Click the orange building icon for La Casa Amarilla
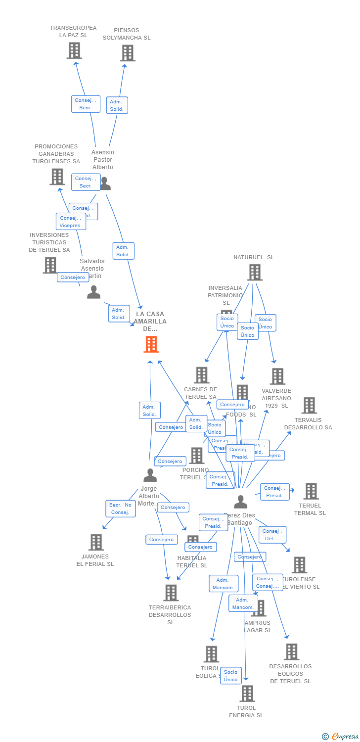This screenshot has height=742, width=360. (x=151, y=344)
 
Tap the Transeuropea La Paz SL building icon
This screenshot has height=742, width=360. (x=74, y=50)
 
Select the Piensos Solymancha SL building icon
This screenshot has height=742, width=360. (x=128, y=53)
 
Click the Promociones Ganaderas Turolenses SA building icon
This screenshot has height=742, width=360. (x=57, y=177)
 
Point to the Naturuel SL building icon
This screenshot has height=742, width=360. (x=255, y=272)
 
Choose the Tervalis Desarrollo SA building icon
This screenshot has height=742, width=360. (x=309, y=405)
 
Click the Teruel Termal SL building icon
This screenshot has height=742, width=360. (x=311, y=491)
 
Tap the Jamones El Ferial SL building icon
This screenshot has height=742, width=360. (x=96, y=542)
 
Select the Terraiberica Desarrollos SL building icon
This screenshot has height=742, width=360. (x=171, y=593)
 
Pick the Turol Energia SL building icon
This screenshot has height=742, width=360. (x=247, y=694)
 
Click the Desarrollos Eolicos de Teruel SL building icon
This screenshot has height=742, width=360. (x=292, y=652)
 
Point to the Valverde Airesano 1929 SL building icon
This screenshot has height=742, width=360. (x=277, y=376)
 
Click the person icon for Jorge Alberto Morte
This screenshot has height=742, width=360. (x=150, y=475)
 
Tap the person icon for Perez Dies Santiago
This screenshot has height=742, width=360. (x=241, y=502)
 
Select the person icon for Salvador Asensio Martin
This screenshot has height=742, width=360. (x=93, y=292)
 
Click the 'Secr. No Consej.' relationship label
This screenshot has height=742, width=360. (x=120, y=509)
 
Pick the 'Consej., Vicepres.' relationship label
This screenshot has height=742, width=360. (x=71, y=222)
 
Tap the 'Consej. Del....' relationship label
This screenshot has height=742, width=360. (x=272, y=535)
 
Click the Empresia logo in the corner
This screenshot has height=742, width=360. (x=341, y=737)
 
